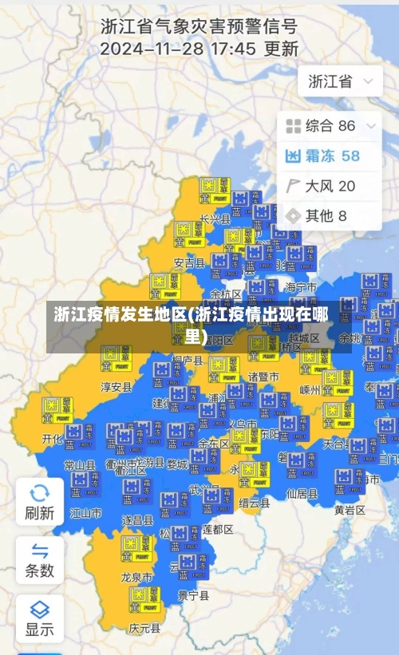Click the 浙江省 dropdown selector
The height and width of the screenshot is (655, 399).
pos(340,81)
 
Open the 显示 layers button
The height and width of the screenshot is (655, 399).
pos(40,618)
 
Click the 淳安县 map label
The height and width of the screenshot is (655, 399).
pos(116,387)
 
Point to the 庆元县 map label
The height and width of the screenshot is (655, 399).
pos(144,628)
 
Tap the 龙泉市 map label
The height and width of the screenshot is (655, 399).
pos(136,577)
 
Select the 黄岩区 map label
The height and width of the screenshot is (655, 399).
pos(350,509)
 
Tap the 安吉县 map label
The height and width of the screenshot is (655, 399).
pos(189,262)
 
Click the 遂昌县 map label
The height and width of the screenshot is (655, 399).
pos(137,519)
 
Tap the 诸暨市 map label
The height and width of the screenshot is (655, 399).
pos(263,377)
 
